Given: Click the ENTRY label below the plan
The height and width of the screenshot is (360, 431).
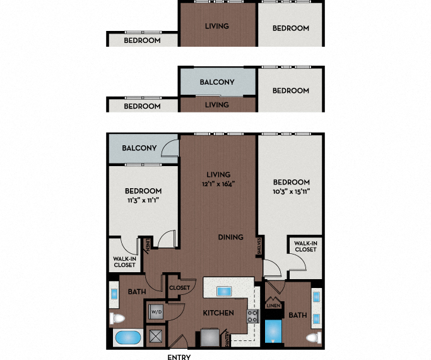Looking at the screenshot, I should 179,357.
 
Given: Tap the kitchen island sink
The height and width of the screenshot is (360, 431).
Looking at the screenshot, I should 225,291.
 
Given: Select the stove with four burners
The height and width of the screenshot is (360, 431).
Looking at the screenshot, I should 252,316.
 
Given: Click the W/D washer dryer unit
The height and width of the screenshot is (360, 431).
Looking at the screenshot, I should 156,311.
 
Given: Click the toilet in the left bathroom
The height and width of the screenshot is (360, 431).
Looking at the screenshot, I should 117,318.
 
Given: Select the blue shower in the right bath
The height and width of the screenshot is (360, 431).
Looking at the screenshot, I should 274,331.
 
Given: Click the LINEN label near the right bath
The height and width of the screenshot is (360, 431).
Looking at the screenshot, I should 272,306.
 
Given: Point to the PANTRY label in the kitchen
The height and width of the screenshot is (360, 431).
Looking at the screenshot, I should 228,339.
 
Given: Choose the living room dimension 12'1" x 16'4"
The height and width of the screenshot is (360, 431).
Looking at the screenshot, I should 218,184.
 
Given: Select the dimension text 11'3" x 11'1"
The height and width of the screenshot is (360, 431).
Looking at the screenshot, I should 143,200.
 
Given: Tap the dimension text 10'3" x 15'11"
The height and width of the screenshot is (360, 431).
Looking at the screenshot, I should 291,191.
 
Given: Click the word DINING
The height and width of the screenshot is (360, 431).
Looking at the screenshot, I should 231,237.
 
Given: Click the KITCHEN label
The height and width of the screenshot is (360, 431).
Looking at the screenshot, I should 218,313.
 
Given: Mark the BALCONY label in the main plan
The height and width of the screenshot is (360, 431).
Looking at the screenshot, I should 139,148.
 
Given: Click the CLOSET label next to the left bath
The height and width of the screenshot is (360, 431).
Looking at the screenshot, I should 179,288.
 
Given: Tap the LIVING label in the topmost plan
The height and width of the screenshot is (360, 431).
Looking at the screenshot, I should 217,27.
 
